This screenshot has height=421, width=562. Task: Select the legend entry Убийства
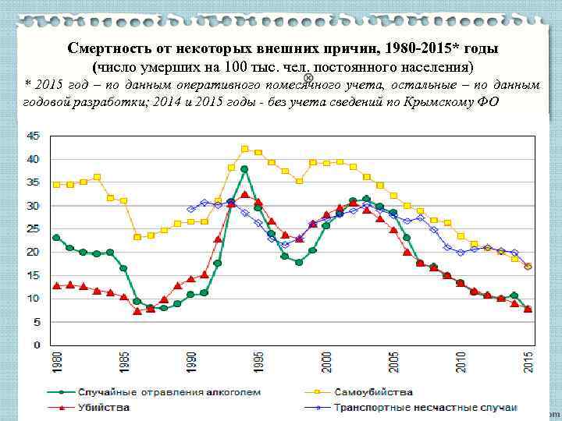(x=103, y=407)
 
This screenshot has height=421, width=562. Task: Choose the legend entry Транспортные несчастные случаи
(x=425, y=407)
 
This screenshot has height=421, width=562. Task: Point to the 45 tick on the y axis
(x=34, y=136)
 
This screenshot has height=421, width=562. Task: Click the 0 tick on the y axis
(x=37, y=345)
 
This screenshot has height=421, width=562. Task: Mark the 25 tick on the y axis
(x=34, y=228)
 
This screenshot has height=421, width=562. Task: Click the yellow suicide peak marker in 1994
(x=244, y=148)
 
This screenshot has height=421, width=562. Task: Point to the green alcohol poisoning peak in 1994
(x=244, y=169)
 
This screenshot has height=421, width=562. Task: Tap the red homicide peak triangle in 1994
(x=244, y=194)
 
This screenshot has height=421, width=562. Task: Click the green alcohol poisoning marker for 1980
(x=56, y=238)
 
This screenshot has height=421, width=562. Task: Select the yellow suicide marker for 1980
(x=56, y=185)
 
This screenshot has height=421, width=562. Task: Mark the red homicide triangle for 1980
(x=56, y=285)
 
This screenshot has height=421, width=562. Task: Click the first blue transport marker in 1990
(x=190, y=209)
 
